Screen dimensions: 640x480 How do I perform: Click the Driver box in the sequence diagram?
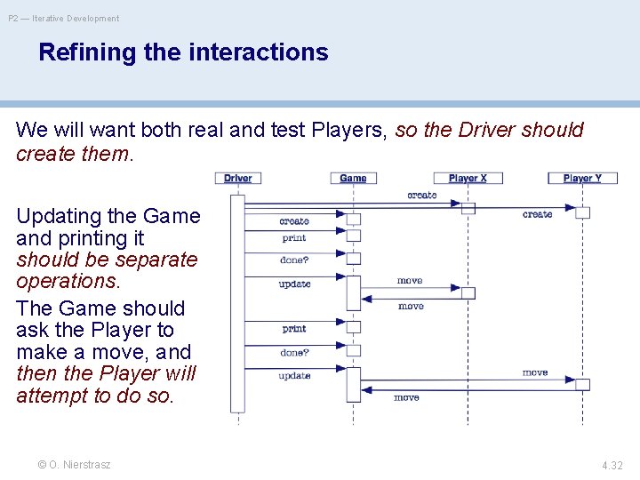pyautogui.click(x=237, y=178)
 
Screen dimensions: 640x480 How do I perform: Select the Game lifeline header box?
pyautogui.click(x=353, y=178)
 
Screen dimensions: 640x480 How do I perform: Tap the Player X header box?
pyautogui.click(x=468, y=178)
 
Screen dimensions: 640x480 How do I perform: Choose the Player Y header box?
pyautogui.click(x=582, y=178)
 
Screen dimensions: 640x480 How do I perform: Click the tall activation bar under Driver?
pyautogui.click(x=237, y=302)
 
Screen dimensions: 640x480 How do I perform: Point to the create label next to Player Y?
pyautogui.click(x=537, y=214)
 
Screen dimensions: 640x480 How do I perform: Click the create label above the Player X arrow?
pyautogui.click(x=421, y=195)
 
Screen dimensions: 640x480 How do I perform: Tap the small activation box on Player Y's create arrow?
pyautogui.click(x=582, y=212)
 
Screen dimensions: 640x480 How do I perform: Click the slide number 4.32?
pyautogui.click(x=612, y=465)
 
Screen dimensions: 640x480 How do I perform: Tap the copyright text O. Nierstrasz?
pyautogui.click(x=80, y=465)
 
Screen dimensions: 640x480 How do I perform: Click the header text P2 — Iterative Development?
pyautogui.click(x=64, y=19)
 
